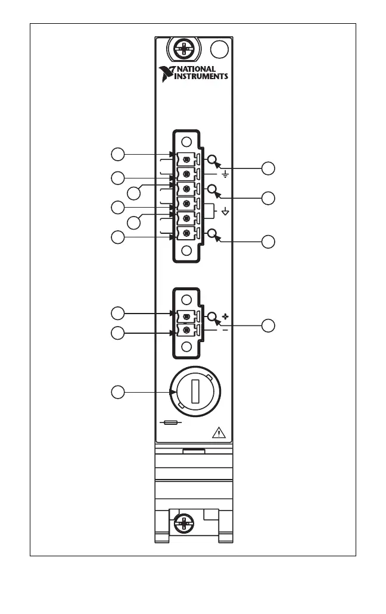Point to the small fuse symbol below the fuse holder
point(171,423)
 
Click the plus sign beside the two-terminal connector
point(226,316)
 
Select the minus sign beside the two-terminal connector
point(225,330)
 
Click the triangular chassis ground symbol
point(226,212)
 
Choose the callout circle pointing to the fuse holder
point(119,392)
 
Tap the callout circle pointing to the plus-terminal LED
point(269,325)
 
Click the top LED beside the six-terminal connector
point(211,160)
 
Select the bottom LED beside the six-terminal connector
point(211,233)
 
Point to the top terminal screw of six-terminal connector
point(187,160)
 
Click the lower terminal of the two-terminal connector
point(187,330)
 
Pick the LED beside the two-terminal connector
point(211,316)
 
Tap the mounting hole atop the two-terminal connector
point(186,300)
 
